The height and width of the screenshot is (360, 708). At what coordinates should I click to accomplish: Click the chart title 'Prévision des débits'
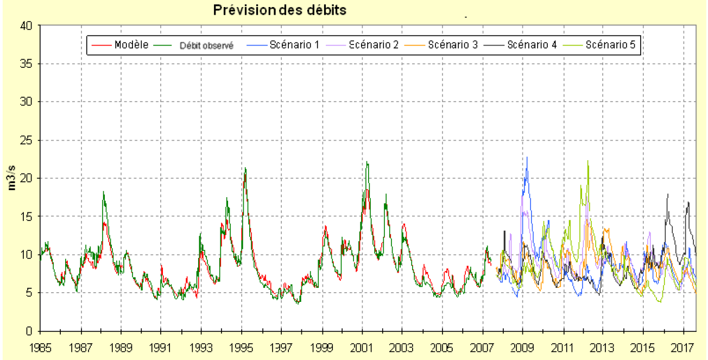tap(279, 10)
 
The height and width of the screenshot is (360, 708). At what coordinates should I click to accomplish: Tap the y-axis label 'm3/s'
tap(11, 178)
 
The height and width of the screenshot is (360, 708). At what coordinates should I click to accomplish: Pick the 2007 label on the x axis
tap(483, 346)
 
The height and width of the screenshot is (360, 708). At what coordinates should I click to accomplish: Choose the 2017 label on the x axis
tap(684, 346)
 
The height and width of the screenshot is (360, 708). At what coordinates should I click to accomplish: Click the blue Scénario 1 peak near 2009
tap(527, 157)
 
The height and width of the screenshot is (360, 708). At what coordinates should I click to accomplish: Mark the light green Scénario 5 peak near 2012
tap(588, 161)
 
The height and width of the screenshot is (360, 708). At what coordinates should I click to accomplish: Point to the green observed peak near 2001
tap(367, 162)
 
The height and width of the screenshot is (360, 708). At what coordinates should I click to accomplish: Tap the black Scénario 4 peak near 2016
tap(667, 194)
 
